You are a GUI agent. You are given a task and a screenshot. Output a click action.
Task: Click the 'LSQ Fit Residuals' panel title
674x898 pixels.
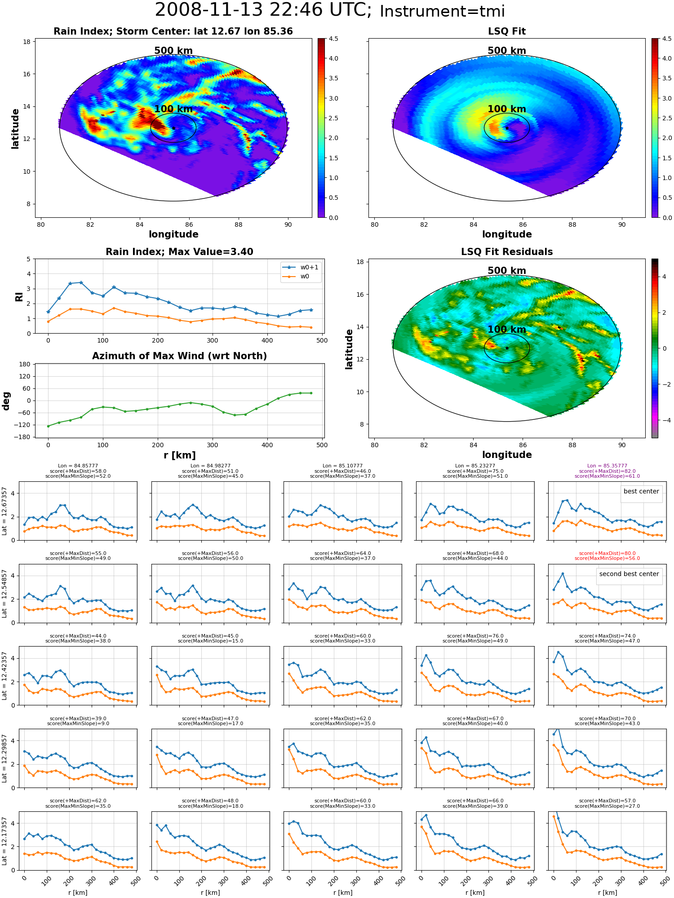[507, 252]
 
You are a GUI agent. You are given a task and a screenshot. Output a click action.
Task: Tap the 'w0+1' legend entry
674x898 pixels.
[301, 267]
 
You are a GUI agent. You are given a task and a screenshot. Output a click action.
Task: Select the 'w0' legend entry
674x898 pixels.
[296, 277]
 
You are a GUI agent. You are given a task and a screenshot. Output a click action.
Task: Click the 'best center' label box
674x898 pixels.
[641, 491]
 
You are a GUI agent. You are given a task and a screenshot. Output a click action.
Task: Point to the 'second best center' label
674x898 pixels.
[629, 574]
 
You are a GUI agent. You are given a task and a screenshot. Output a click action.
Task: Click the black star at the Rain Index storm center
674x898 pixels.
[173, 128]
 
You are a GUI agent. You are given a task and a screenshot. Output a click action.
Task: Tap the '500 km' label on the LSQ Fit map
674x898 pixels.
[507, 51]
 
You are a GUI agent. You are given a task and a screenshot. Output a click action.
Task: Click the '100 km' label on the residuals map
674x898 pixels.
[507, 330]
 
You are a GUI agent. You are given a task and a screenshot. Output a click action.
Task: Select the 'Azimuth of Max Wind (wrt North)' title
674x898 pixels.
[180, 356]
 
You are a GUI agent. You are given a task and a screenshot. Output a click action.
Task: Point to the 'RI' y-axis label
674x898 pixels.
[19, 296]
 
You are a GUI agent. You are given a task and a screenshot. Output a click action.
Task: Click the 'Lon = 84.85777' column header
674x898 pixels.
[78, 466]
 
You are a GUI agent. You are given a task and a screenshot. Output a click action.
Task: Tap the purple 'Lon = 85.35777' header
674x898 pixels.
[607, 466]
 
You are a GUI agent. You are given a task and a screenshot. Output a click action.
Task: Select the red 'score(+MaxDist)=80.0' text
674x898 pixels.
[607, 554]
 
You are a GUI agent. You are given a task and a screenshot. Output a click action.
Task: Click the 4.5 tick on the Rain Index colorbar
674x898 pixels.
[333, 39]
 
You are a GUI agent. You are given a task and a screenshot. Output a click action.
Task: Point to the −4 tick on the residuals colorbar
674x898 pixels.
[664, 420]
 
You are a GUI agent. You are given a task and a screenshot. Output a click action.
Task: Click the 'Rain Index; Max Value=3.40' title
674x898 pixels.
[180, 252]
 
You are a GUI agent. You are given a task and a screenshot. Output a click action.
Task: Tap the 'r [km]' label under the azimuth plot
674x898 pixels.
[180, 455]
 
